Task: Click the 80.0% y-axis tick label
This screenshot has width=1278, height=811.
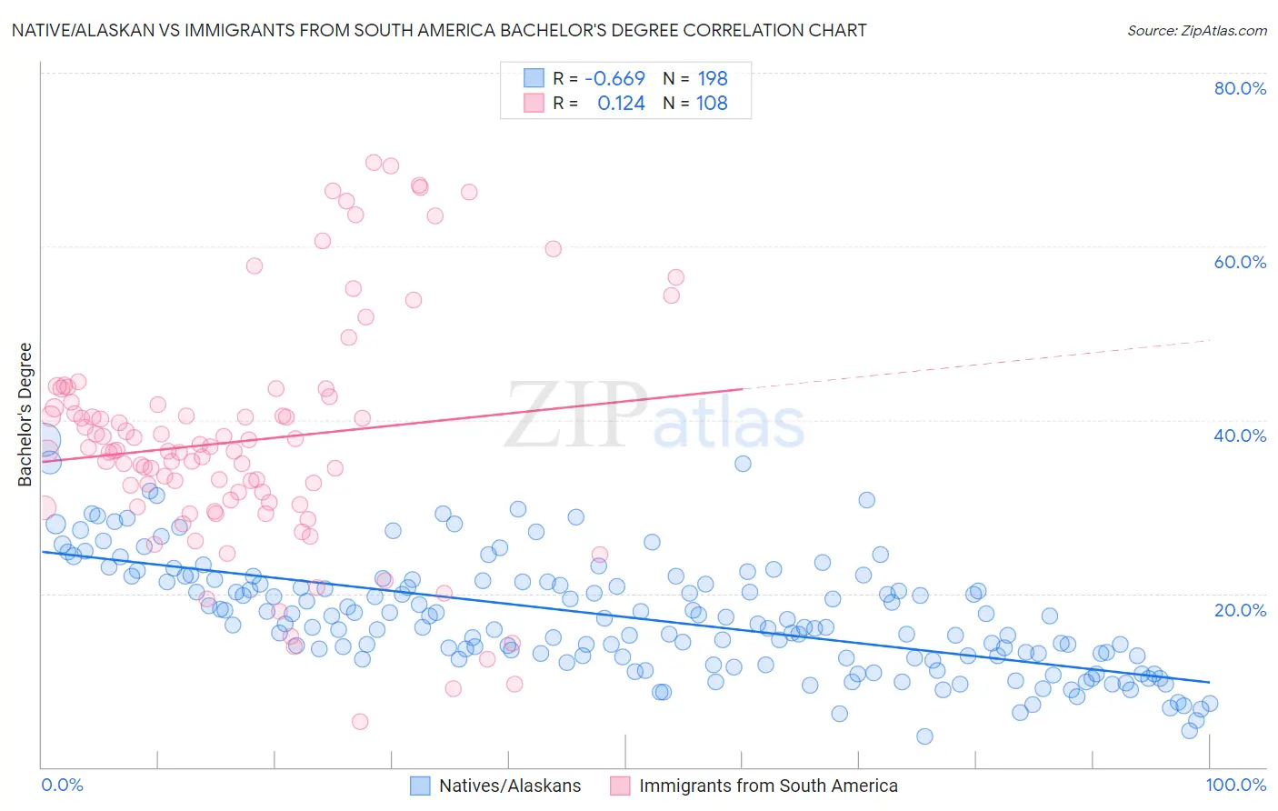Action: pyautogui.click(x=1240, y=88)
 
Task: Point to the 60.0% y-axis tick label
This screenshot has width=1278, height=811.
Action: pyautogui.click(x=1240, y=262)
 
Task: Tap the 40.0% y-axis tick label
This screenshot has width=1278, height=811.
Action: pyautogui.click(x=1240, y=436)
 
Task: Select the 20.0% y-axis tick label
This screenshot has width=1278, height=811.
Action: pyautogui.click(x=1240, y=609)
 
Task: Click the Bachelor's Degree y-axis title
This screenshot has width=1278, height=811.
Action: pyautogui.click(x=25, y=415)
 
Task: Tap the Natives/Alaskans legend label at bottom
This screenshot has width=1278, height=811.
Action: pyautogui.click(x=510, y=786)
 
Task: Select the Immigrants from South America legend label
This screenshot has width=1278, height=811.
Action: pyautogui.click(x=768, y=786)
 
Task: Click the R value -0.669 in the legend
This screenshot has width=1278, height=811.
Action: pyautogui.click(x=614, y=79)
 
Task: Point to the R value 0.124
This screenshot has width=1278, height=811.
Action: pyautogui.click(x=621, y=104)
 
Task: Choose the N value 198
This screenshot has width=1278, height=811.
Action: pyautogui.click(x=713, y=79)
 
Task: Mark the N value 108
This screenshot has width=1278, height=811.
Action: pyautogui.click(x=713, y=104)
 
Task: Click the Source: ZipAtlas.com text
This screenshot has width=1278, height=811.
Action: pyautogui.click(x=1196, y=31)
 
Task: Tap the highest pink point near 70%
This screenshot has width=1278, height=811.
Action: pyautogui.click(x=374, y=163)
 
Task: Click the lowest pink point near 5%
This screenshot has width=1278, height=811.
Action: pyautogui.click(x=360, y=722)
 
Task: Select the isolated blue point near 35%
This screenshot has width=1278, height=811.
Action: pyautogui.click(x=743, y=464)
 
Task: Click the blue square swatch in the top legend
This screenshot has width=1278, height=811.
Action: pyautogui.click(x=534, y=78)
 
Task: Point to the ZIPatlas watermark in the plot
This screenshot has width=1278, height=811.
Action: pyautogui.click(x=654, y=416)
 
